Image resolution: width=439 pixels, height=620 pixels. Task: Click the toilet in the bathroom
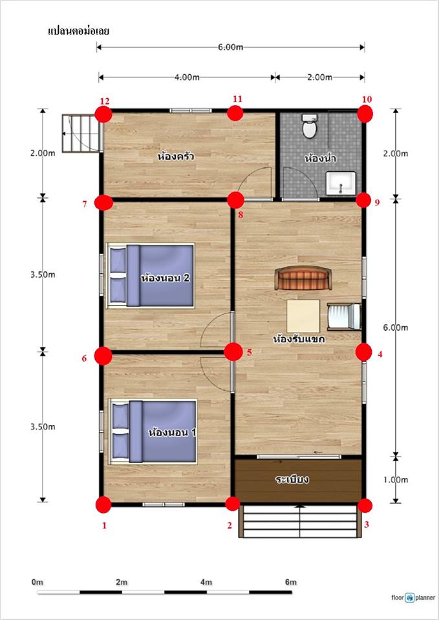coord(309,126)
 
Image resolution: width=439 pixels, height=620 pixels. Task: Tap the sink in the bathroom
coord(341,183)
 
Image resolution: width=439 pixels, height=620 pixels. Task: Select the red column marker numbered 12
coord(103,115)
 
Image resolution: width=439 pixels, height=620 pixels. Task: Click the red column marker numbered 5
coord(233,351)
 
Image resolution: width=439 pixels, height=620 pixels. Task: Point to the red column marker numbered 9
coord(363,200)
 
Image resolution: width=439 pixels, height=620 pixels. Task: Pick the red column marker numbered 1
coord(103,504)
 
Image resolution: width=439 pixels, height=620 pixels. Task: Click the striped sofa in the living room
coord(303,278)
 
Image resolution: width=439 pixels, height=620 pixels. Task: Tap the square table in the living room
coord(303,316)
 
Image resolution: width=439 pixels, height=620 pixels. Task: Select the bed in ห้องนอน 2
coord(151,276)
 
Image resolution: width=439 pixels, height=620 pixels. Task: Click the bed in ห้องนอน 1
coord(153,431)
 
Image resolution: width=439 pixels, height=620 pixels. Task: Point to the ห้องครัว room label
coord(175,157)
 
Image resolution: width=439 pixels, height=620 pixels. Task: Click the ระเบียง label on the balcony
coord(292,480)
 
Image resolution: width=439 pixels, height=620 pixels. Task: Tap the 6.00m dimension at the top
coord(230,47)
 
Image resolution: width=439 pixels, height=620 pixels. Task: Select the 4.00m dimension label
coord(187,77)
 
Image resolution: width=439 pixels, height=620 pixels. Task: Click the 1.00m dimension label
coord(396,480)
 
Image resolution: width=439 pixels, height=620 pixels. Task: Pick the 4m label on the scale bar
coord(206,582)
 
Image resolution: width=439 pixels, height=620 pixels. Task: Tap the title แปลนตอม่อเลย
coord(78,31)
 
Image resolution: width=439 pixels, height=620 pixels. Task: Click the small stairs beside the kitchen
coord(80,133)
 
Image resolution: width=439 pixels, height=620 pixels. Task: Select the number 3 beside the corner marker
coord(367,524)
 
